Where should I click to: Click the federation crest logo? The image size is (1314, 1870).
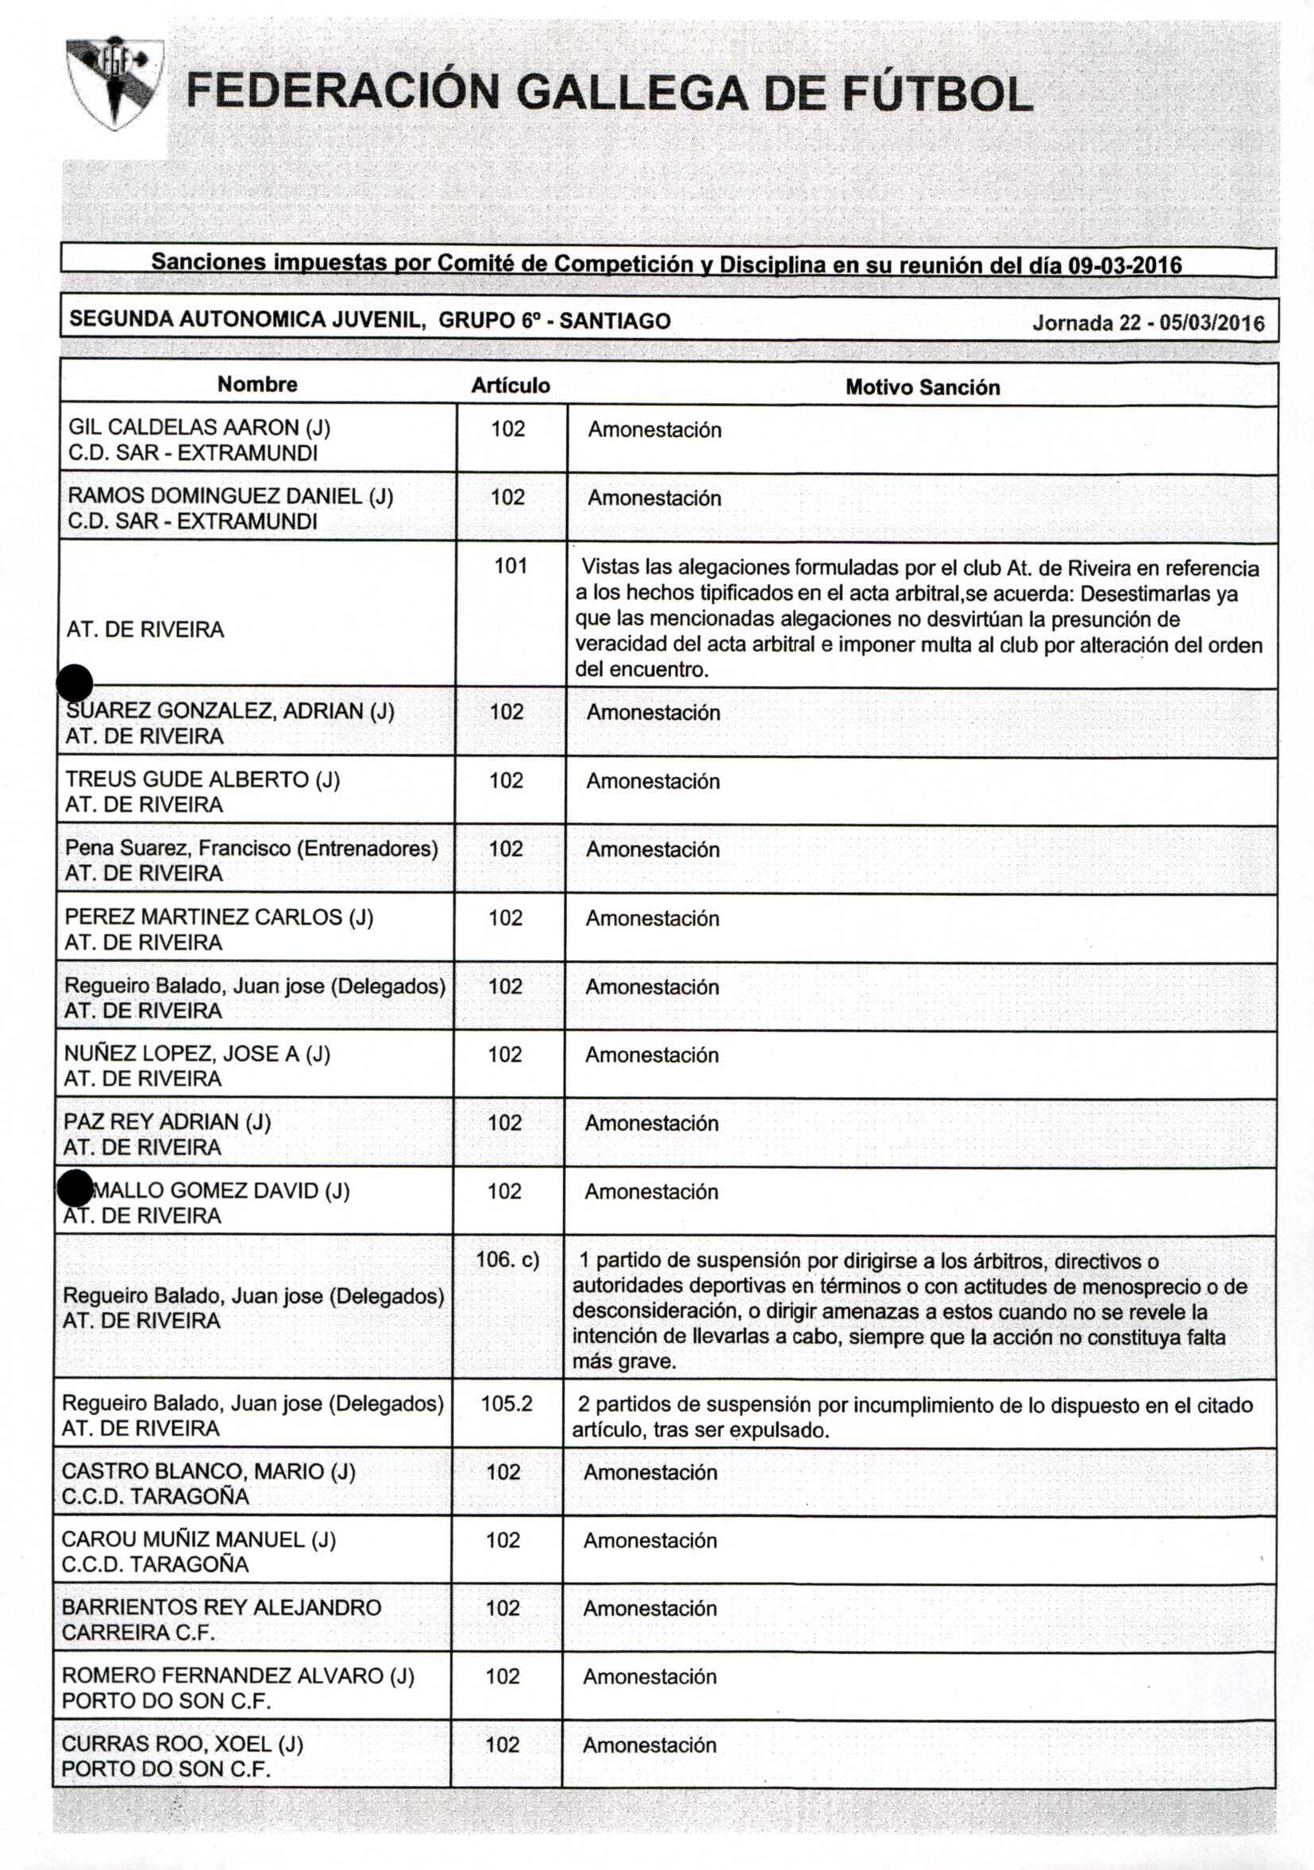click(x=114, y=84)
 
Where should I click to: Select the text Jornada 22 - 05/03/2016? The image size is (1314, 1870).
click(x=1148, y=323)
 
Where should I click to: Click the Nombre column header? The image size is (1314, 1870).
click(x=257, y=384)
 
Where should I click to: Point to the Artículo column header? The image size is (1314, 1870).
click(x=511, y=385)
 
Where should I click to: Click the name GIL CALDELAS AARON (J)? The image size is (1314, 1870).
click(x=199, y=427)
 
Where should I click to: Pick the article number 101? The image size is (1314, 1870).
click(x=511, y=565)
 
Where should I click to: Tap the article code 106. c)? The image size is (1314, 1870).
click(x=507, y=1260)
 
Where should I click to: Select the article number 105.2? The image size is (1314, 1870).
click(x=507, y=1403)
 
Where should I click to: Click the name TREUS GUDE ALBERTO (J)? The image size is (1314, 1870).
click(x=202, y=779)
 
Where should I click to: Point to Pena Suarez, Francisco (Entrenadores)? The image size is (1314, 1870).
click(x=252, y=848)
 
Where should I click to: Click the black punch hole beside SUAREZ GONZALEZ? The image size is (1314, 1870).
click(x=75, y=682)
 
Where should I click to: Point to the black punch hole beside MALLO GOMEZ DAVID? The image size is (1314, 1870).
click(x=75, y=1188)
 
